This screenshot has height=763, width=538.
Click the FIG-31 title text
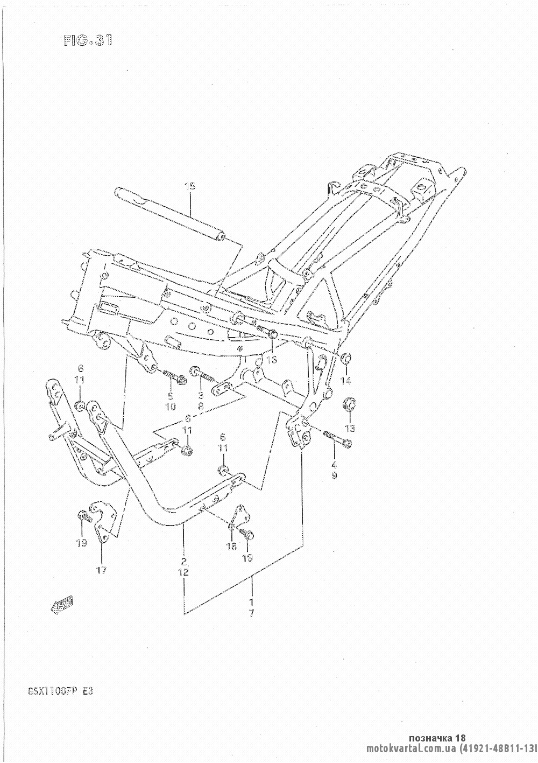(x=86, y=41)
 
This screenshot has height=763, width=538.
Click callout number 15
(x=190, y=187)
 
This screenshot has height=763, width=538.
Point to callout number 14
(x=345, y=381)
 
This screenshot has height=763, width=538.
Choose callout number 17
(x=102, y=570)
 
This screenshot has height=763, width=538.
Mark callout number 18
(x=231, y=547)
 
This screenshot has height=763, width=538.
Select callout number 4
(x=334, y=465)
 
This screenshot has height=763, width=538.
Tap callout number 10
(x=171, y=407)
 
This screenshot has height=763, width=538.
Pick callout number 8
(x=201, y=407)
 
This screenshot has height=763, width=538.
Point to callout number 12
(x=184, y=572)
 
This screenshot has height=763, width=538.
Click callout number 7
(x=251, y=613)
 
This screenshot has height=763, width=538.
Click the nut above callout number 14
(x=345, y=358)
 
